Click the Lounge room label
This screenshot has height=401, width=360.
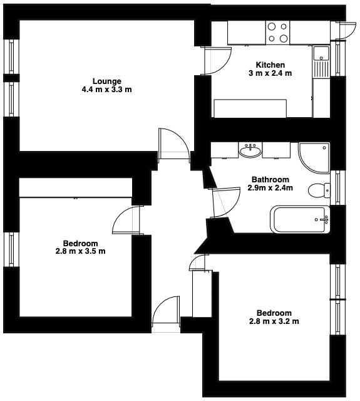(x=106, y=81)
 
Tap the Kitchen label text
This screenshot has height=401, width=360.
(x=270, y=65)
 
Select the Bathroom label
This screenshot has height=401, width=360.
(x=270, y=179)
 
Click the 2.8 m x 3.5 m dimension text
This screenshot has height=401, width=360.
(x=80, y=252)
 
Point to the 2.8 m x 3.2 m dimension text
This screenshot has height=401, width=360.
(x=274, y=322)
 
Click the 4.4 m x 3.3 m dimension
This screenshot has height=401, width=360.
(x=106, y=90)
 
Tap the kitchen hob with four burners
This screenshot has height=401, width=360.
(x=278, y=33)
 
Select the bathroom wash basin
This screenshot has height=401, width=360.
(x=250, y=150)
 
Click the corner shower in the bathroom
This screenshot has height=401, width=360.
(x=315, y=156)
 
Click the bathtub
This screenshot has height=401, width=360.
(x=299, y=219)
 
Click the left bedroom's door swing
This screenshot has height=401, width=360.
(x=126, y=221)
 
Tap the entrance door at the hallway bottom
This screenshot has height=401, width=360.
(x=166, y=313)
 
